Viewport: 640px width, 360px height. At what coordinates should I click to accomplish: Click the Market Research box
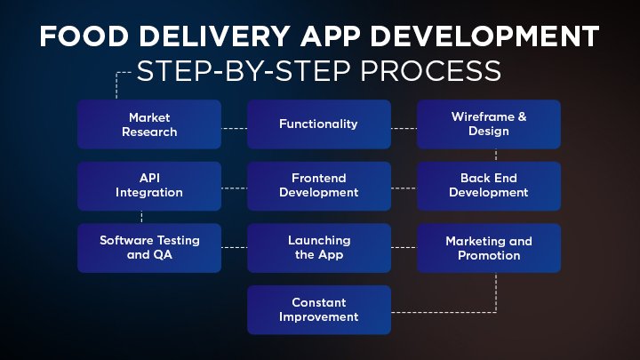148,124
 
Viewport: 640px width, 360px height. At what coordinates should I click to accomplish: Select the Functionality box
318,124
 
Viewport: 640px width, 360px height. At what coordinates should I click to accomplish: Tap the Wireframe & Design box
488,124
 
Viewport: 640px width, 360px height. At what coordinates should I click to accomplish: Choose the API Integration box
148,186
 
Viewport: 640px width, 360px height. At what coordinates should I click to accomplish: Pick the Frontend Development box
318,186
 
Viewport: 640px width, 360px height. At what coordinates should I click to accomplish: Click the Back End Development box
488,186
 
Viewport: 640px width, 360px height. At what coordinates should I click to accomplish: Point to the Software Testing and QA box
148,247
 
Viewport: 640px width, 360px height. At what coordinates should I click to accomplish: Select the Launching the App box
318,247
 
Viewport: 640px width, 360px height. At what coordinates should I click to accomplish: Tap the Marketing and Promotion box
488,247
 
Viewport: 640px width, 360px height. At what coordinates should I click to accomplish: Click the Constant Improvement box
318,309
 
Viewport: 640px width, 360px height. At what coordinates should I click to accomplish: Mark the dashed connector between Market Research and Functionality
234,127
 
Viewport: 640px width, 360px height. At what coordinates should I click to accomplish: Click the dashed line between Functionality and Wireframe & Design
404,127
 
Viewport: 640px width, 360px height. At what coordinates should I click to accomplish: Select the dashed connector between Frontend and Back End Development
404,188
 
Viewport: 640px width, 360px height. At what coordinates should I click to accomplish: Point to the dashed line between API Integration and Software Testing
141,217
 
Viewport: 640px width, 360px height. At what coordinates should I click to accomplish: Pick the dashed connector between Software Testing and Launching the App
234,247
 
